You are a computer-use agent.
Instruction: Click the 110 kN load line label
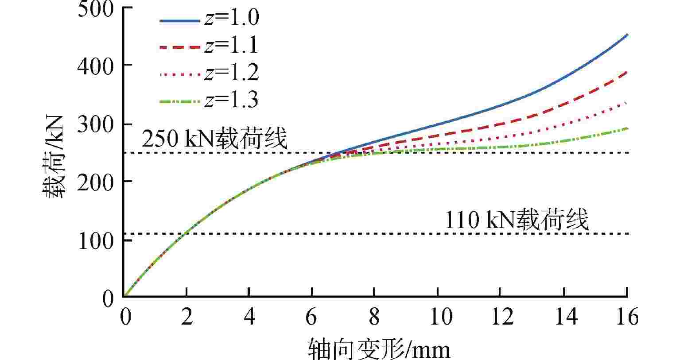pos(517,220)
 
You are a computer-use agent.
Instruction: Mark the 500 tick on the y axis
pos(95,9)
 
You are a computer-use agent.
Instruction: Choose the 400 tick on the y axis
pos(95,66)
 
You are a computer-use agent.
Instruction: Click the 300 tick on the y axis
pos(95,124)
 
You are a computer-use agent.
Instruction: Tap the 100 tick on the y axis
pos(95,240)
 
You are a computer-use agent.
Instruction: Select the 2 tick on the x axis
pos(187,317)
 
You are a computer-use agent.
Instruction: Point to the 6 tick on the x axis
pos(312,317)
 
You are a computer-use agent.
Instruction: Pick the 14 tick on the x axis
pos(563,317)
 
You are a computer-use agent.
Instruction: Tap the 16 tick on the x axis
pos(626,317)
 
